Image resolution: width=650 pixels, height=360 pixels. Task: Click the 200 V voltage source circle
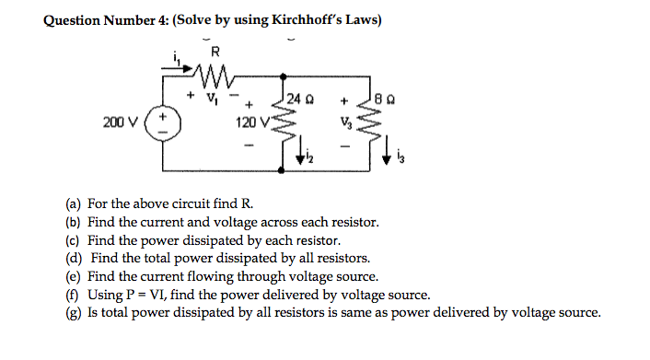click(164, 123)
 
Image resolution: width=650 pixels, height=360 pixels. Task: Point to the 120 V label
click(246, 122)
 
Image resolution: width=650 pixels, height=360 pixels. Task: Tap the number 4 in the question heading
click(156, 20)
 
